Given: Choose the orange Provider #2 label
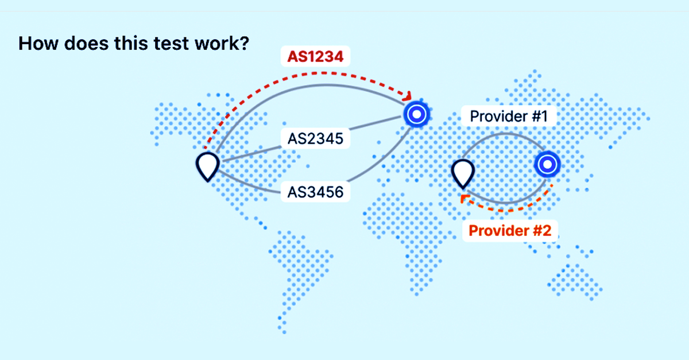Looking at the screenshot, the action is pos(509,231).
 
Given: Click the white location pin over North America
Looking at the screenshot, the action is pos(207,165).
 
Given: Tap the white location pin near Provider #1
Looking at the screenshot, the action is pos(462,172).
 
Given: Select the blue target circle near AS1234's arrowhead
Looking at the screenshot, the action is pos(416,114).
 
